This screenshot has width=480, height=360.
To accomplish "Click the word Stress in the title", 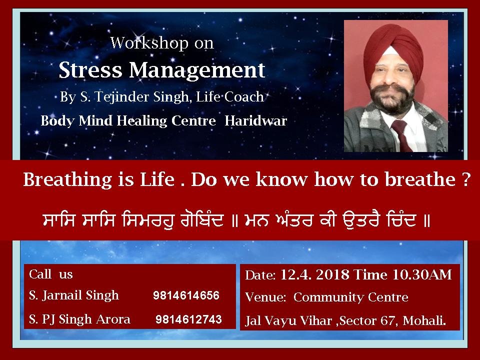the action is click(90, 70).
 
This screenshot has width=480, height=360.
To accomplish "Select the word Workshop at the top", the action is click(149, 42).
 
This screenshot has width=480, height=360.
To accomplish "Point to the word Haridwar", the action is click(255, 120).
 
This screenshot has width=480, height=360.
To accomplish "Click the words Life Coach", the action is click(230, 96).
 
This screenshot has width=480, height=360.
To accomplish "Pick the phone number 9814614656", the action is click(186, 295).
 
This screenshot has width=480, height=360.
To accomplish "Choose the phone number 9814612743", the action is click(188, 319).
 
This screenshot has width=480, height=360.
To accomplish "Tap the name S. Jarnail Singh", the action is click(74, 295).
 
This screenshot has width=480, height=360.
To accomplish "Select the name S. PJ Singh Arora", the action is click(79, 319).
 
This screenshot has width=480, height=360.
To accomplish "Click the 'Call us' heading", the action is click(51, 274).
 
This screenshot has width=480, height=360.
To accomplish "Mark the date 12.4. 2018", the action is click(314, 274).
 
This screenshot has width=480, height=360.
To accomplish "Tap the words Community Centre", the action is click(351, 297).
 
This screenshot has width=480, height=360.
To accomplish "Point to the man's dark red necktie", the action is click(402, 134).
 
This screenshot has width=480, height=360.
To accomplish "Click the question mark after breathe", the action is click(466, 179).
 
